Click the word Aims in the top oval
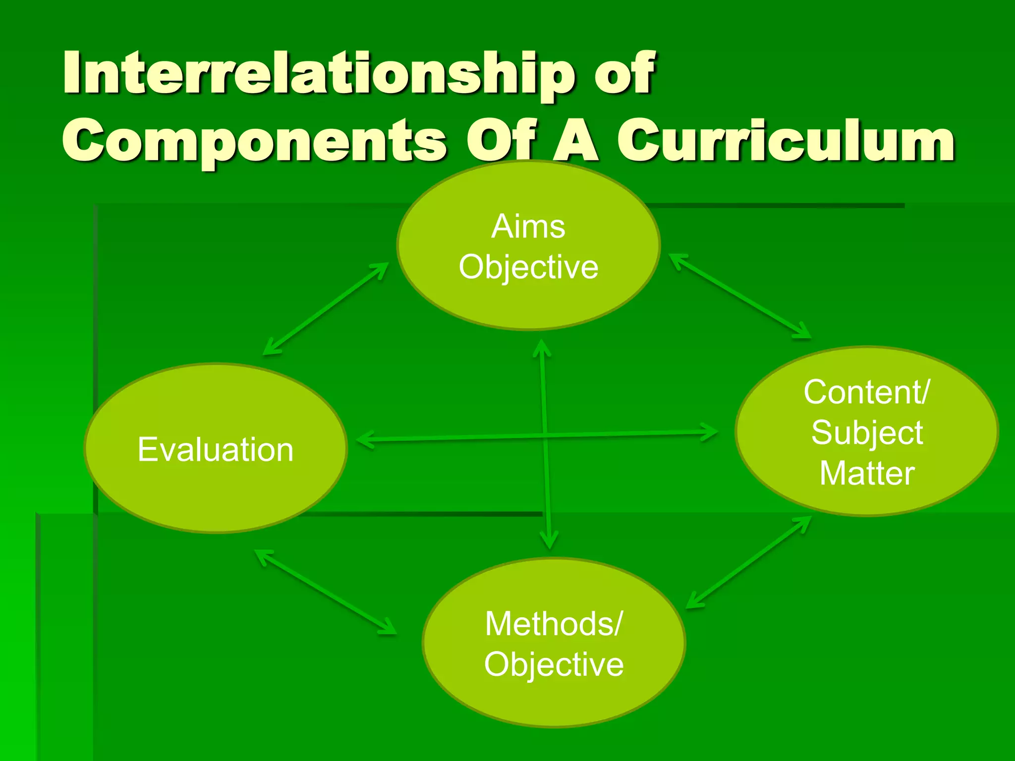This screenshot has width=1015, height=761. click(528, 227)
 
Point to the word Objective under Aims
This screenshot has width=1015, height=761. click(528, 268)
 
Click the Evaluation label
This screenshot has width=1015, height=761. click(216, 450)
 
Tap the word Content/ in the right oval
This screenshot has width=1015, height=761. click(867, 392)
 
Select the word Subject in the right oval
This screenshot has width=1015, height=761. click(867, 433)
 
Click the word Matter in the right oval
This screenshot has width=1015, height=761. click(867, 474)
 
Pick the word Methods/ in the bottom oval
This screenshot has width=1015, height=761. click(554, 624)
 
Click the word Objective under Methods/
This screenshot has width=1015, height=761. click(554, 664)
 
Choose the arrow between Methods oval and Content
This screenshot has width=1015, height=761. click(748, 562)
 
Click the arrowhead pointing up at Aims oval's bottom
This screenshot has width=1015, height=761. click(542, 347)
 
